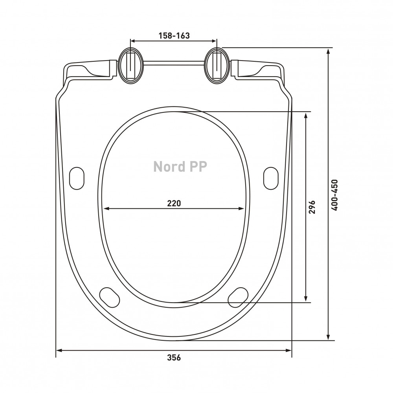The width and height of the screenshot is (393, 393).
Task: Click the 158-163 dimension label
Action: click(174, 36)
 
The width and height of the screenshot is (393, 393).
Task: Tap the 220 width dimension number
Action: click(174, 203)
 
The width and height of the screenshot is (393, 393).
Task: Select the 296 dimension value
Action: click(312, 207)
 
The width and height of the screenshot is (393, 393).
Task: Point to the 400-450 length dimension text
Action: click(334, 195)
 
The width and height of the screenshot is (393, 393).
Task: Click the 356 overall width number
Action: click(174, 357)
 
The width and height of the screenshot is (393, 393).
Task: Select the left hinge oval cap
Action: click(130, 66)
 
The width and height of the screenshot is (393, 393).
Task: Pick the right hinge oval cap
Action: click(217, 66)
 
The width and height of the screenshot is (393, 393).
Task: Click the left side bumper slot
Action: click(77, 178)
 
